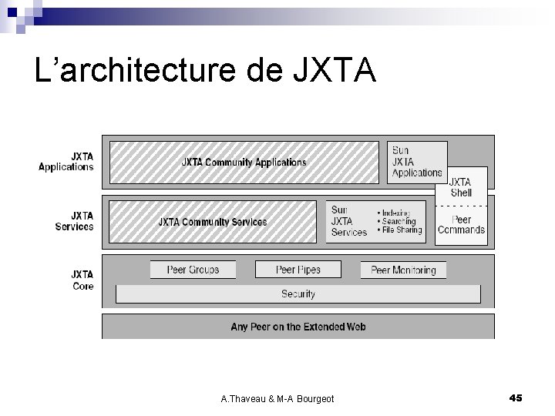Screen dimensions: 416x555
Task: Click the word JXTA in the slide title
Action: click(335, 71)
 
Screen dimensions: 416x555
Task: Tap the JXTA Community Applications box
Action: click(244, 163)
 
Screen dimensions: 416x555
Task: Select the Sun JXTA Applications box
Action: click(417, 162)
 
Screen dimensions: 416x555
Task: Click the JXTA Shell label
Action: click(460, 187)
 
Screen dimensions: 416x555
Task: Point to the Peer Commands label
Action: click(461, 224)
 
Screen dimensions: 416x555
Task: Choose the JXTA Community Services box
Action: click(213, 222)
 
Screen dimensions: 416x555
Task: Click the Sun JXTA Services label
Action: click(348, 221)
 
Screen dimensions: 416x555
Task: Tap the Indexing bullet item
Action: click(396, 213)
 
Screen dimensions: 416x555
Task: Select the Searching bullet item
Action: click(399, 221)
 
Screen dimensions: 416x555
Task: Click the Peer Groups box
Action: click(193, 270)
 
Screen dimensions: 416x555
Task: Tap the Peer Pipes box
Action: click(298, 270)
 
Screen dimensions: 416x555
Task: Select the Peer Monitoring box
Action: click(403, 270)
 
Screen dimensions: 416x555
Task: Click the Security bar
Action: click(298, 294)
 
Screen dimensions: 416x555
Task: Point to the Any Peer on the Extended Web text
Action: click(298, 327)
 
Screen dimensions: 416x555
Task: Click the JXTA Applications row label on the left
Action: click(66, 161)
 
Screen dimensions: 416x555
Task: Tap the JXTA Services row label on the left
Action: click(74, 221)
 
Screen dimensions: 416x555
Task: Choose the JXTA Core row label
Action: click(82, 280)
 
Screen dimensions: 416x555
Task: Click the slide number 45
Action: click(516, 398)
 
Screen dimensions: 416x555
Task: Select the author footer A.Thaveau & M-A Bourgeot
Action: click(277, 398)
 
